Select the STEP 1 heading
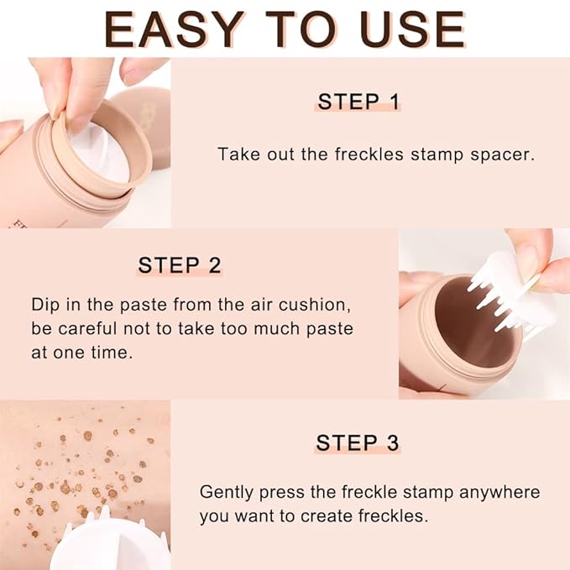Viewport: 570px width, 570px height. tap(358, 102)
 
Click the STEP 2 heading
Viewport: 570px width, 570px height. tap(180, 265)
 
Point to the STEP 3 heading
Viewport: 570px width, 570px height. tap(358, 442)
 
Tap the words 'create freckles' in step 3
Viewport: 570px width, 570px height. tap(367, 516)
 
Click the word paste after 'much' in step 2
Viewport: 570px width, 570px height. tap(332, 328)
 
